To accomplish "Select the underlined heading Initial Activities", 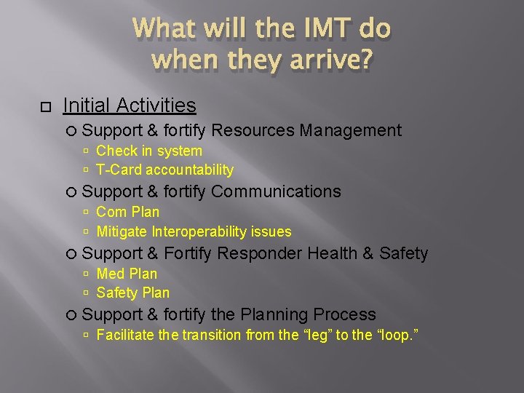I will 130,106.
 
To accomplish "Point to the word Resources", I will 253,130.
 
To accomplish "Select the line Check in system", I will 148,151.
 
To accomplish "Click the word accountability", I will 189,170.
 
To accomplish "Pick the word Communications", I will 276,191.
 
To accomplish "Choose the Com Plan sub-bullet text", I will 127,212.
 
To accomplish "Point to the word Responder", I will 259,253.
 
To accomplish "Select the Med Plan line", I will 127,274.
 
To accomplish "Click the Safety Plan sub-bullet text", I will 132,293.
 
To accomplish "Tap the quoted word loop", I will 397,335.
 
